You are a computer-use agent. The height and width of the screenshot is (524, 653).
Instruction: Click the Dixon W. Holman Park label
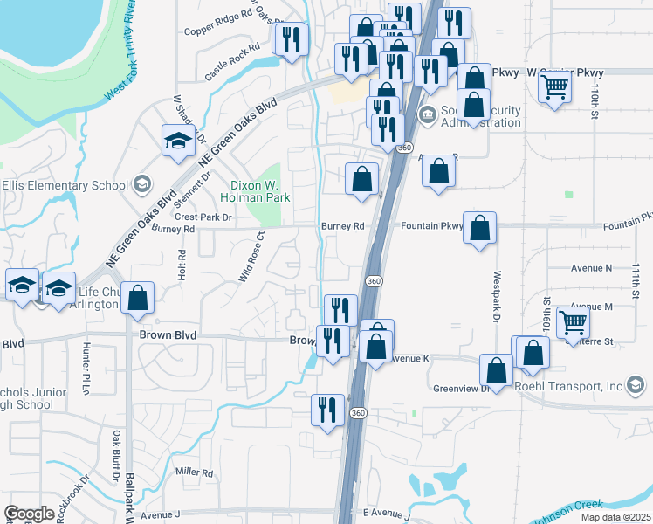pos(260,190)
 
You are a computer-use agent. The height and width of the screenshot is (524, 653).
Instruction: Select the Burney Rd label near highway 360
pos(342,226)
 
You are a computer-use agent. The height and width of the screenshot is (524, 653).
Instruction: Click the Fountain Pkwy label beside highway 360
pos(431,226)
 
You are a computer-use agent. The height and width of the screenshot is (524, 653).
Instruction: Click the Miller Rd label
pos(194,472)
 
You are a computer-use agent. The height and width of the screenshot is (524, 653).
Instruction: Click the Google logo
pos(29,514)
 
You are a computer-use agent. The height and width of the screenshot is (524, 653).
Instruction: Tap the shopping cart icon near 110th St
pos(555,87)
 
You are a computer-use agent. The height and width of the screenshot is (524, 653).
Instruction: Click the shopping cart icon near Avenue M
pos(573,322)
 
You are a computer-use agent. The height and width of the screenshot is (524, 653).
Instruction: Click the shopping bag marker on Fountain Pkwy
pos(479,229)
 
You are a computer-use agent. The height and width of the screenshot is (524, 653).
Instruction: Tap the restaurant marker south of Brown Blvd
pos(327,410)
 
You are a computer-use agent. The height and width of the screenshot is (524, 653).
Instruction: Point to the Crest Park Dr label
pos(203,217)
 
